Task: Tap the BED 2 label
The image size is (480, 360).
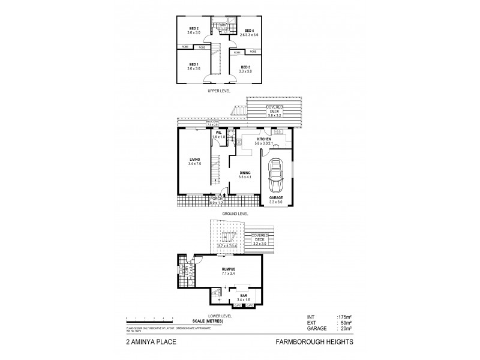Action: [x=193, y=28]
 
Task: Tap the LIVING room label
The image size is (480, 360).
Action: [x=194, y=159]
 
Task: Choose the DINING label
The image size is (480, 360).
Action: [x=245, y=172]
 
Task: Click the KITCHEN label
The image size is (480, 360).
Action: [x=265, y=137]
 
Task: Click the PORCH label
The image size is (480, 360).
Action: [x=215, y=199]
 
